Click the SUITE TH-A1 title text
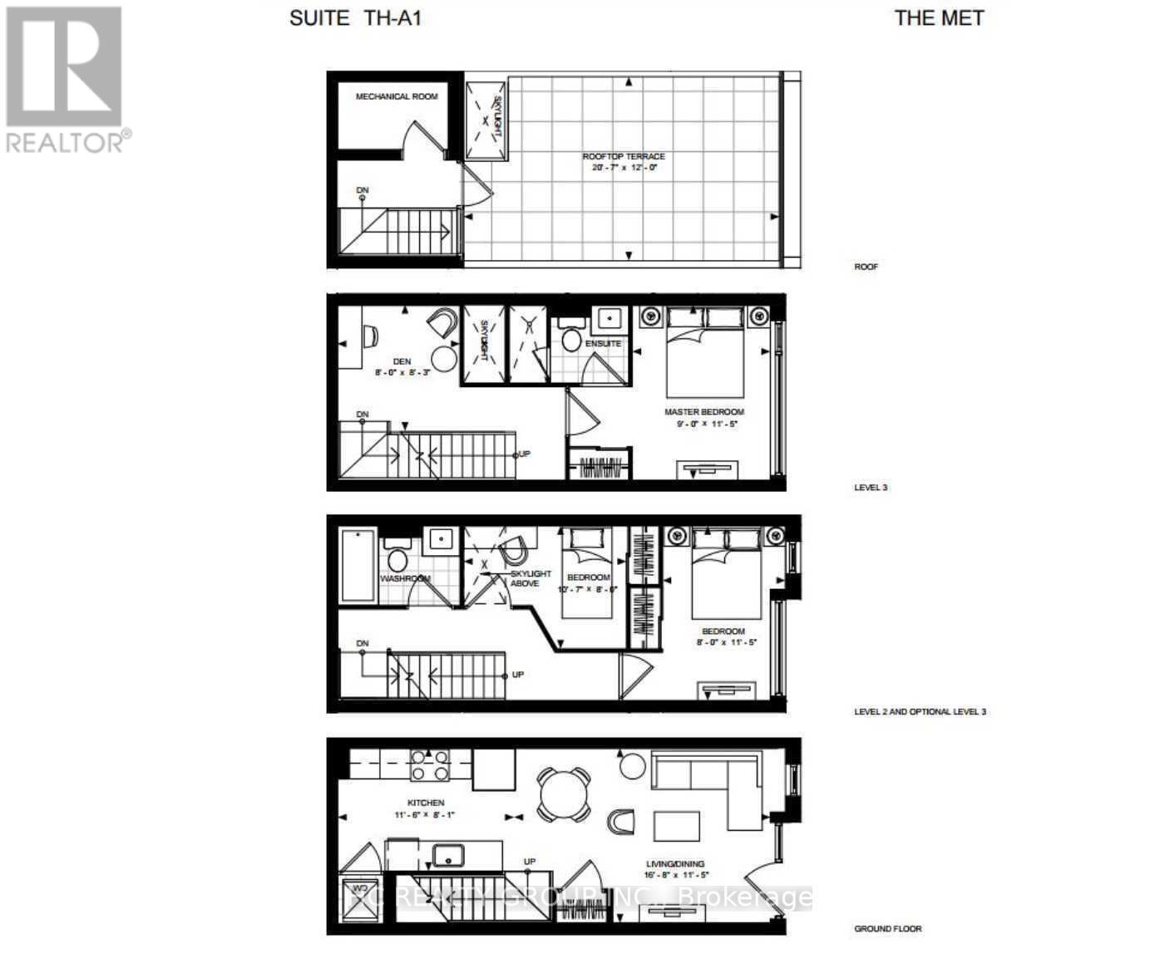click(x=355, y=18)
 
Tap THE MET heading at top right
click(x=939, y=18)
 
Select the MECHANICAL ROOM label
click(x=397, y=96)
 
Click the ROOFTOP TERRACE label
click(x=624, y=156)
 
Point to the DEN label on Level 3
click(x=402, y=361)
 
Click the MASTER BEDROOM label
click(x=703, y=412)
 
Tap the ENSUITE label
click(x=603, y=343)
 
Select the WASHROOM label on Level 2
click(x=405, y=578)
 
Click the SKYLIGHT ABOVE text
click(x=530, y=578)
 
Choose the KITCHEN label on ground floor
click(x=425, y=803)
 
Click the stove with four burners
click(x=430, y=764)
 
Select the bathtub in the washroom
click(x=358, y=565)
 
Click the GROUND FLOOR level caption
click(x=887, y=929)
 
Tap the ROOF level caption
click(x=866, y=267)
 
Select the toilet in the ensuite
click(x=571, y=339)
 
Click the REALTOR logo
click(x=65, y=79)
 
